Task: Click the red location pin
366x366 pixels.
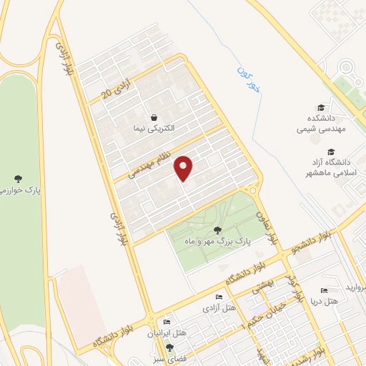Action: coord(184,167)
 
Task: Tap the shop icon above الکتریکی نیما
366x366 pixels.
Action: coord(153,118)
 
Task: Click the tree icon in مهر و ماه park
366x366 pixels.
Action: coord(217,229)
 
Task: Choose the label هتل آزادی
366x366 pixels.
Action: coord(219,308)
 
